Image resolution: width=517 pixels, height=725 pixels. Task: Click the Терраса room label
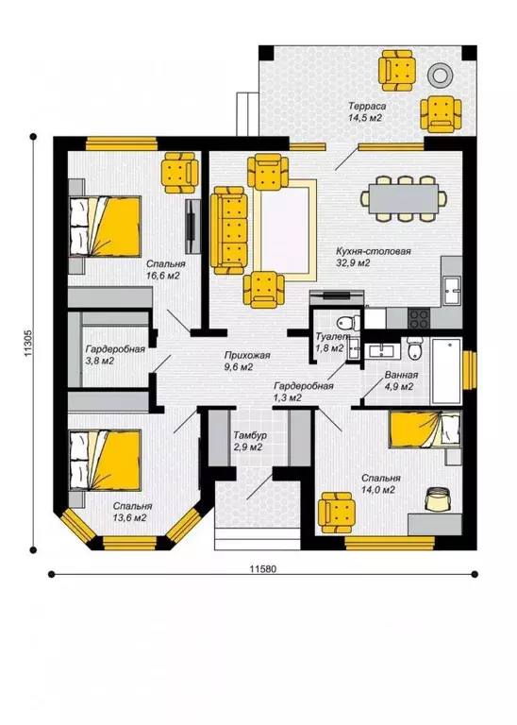click(367, 107)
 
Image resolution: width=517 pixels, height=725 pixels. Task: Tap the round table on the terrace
click(440, 74)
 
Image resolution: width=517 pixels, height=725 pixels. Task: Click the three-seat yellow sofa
click(228, 230)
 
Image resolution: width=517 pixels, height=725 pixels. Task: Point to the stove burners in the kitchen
click(419, 317)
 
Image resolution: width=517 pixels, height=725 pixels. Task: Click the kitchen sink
click(452, 291)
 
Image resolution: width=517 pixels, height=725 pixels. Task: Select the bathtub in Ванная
click(446, 371)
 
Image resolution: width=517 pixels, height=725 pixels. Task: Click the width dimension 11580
click(262, 568)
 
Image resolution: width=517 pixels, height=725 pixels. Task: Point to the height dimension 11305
click(27, 343)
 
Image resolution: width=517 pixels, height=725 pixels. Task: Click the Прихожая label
click(247, 356)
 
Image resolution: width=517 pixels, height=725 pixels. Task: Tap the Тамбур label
click(249, 435)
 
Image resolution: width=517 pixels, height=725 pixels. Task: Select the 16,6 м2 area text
click(162, 276)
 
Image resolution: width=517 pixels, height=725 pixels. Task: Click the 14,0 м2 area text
click(378, 490)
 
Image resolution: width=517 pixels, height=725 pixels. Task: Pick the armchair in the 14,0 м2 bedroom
click(337, 513)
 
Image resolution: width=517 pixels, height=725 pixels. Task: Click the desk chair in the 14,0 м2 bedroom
click(437, 498)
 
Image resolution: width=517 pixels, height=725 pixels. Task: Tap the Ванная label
click(401, 376)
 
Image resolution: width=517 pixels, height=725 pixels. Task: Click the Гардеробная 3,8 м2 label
click(115, 349)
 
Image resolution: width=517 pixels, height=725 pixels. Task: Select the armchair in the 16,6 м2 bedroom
click(179, 173)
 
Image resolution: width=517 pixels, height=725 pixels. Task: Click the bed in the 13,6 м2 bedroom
click(105, 461)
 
